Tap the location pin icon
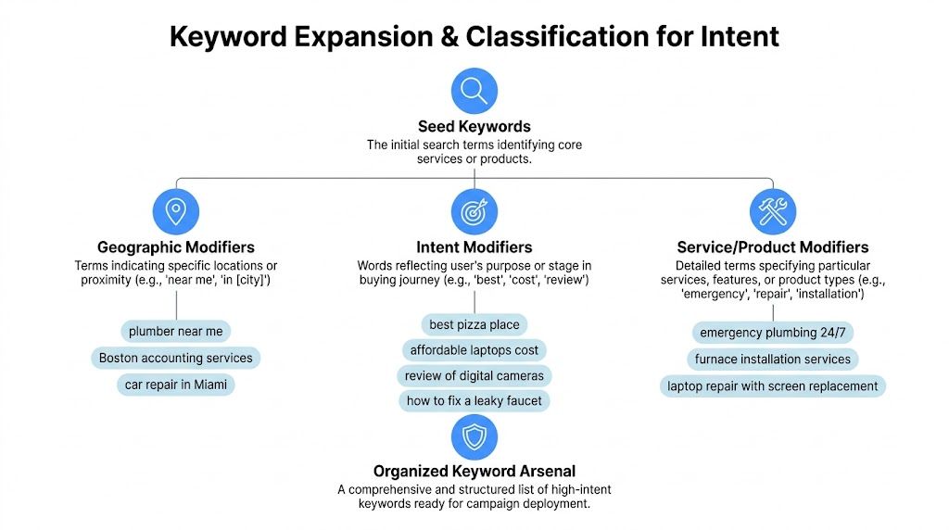176,212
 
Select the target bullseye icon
474,212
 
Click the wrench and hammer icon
773,212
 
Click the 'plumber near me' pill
176,331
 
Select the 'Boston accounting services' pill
176,358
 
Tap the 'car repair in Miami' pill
176,385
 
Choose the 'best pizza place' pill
474,324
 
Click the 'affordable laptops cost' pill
474,350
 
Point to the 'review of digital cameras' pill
474,375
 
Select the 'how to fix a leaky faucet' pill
474,400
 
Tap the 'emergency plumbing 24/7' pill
773,333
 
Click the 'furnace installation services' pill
773,359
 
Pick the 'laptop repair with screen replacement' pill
773,385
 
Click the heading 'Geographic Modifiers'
176,247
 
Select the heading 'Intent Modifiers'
474,247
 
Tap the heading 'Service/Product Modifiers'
773,247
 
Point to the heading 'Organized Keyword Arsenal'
474,472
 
